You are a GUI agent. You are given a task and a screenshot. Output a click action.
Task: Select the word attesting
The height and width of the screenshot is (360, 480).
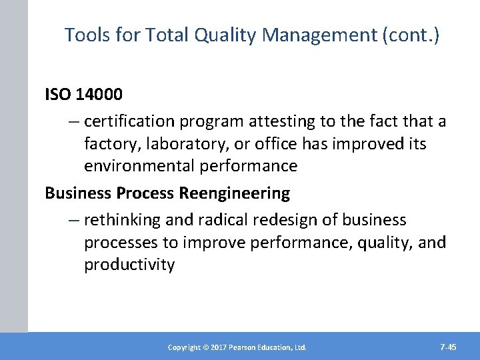(277, 121)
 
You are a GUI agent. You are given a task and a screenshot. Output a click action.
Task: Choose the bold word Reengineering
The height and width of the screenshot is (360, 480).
(235, 193)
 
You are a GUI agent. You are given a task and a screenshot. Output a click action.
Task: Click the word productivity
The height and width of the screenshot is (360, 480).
(129, 265)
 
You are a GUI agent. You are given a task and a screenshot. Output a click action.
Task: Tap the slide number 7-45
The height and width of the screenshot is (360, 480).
(448, 347)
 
